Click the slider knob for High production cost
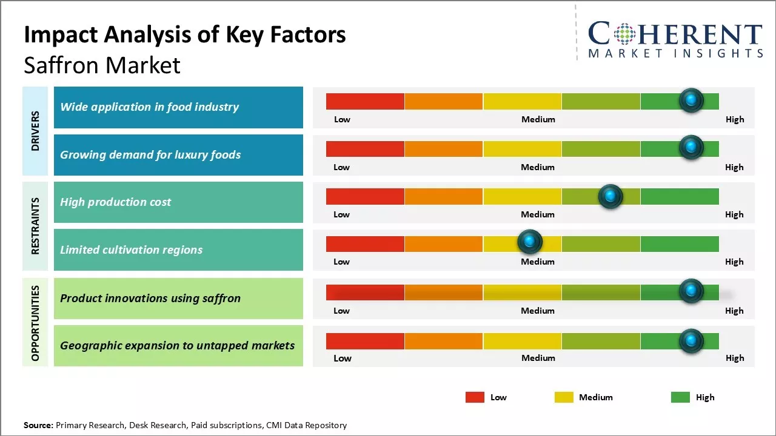[610, 196]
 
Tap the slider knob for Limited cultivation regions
[530, 242]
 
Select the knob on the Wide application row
[691, 101]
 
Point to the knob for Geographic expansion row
[691, 341]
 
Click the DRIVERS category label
[35, 131]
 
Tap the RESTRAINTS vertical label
[35, 226]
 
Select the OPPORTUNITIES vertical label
[35, 323]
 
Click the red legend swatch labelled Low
[475, 397]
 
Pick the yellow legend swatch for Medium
[564, 397]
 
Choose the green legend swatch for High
[680, 397]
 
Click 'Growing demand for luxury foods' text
[150, 155]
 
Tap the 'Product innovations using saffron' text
[150, 298]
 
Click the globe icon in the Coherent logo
[624, 34]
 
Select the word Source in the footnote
[38, 425]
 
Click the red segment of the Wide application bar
[365, 101]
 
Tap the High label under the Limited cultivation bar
[734, 262]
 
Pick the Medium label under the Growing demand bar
[538, 167]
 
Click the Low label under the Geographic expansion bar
[343, 358]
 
